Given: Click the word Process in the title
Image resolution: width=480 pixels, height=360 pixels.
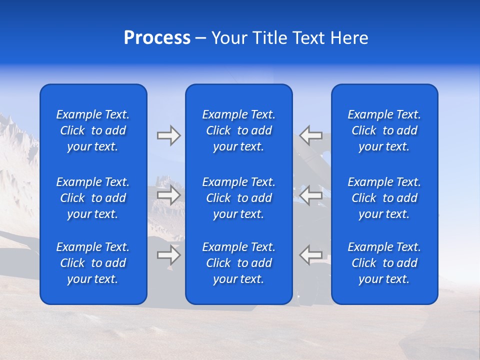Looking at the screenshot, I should pos(157,38).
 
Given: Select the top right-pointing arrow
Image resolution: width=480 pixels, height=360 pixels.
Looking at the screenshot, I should pos(168,135).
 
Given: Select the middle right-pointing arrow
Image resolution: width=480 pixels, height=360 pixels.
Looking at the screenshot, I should pos(168,195).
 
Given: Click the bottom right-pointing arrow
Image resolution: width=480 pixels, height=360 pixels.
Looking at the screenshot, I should pos(168,255).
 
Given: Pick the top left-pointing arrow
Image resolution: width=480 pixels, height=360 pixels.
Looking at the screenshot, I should pos(310,135).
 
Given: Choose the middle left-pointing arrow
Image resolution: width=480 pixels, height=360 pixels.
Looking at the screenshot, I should pos(310,195).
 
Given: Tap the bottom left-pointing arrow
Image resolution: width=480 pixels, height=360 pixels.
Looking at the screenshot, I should pos(310,255).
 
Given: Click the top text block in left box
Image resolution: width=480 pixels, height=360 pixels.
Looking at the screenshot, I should pos(93,130).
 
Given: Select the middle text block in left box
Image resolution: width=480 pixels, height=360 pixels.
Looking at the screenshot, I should pos(93,198).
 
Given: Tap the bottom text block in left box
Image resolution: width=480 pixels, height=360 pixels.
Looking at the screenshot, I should pos(93,263).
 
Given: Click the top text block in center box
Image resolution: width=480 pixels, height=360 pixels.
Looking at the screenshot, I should pos(238,130).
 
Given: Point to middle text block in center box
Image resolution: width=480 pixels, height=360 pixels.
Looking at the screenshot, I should pos(238,198).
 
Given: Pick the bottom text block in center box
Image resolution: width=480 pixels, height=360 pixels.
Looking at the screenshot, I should pos(238,263).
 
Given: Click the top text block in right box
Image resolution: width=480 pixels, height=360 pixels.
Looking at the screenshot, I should pos(384,130).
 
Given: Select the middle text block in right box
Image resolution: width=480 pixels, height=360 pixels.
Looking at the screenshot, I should pos(384,198).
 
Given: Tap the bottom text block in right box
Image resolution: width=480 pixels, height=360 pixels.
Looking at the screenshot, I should pos(384,263).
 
